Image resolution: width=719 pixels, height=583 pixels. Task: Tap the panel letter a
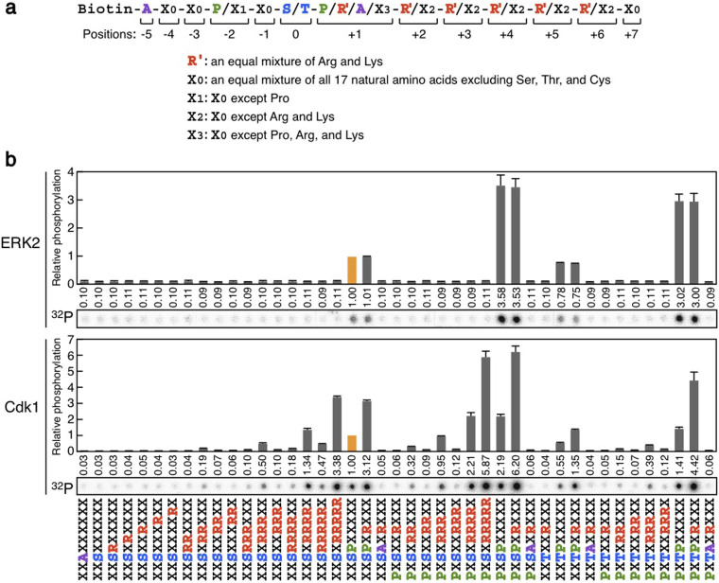[9, 9]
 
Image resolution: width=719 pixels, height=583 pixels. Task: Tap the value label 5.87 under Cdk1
[485, 465]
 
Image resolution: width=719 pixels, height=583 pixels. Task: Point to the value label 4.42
[693, 465]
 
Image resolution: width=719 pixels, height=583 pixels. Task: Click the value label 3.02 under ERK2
[678, 297]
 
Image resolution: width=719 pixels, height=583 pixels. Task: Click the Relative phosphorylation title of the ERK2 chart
[56, 227]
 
